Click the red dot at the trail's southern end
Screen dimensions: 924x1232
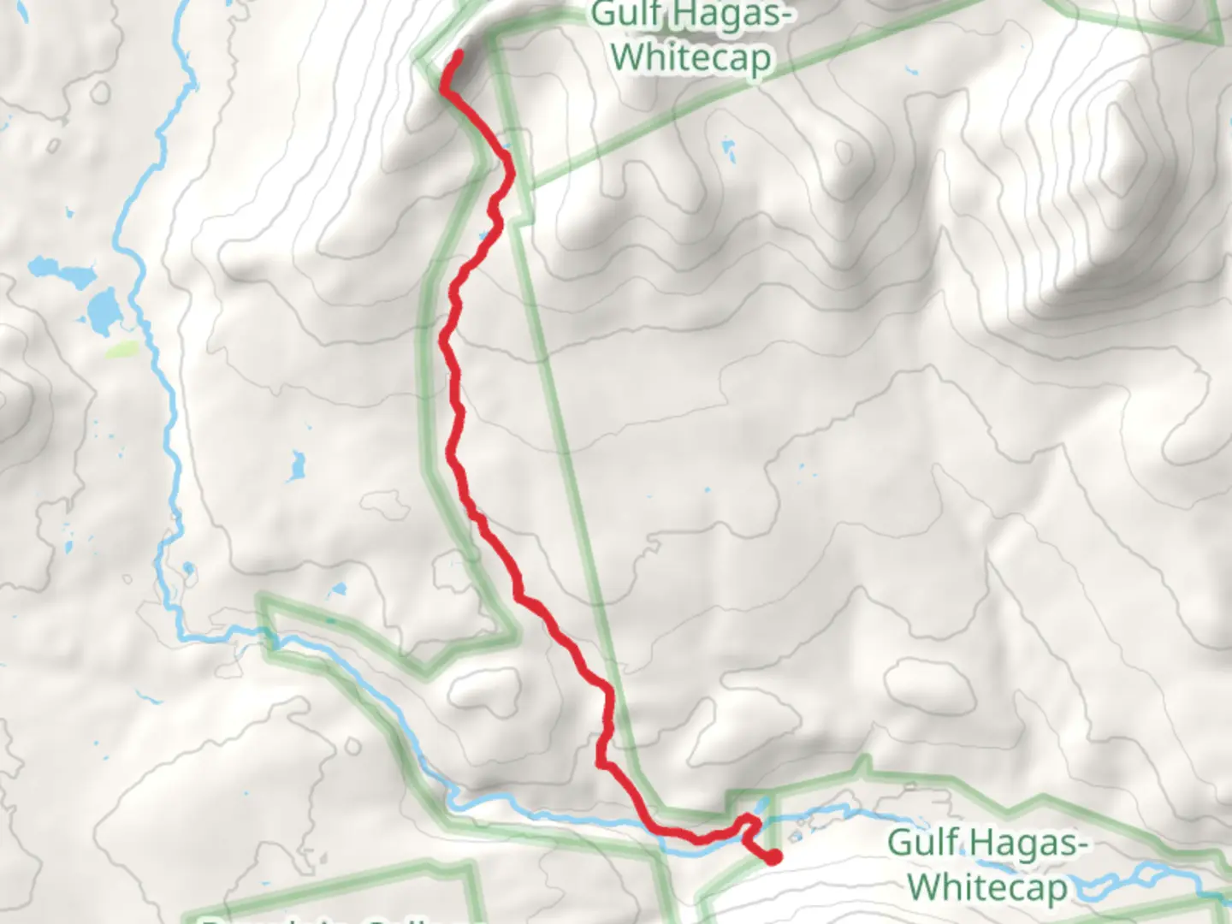[773, 856]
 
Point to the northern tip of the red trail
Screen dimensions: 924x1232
[459, 55]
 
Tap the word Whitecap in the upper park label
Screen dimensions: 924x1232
[691, 58]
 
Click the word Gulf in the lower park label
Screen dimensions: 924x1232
[921, 843]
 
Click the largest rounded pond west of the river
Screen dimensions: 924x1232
[103, 312]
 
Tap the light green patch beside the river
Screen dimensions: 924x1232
[121, 349]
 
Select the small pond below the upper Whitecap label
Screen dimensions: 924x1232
[729, 151]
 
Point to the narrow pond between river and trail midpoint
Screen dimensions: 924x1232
[297, 466]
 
